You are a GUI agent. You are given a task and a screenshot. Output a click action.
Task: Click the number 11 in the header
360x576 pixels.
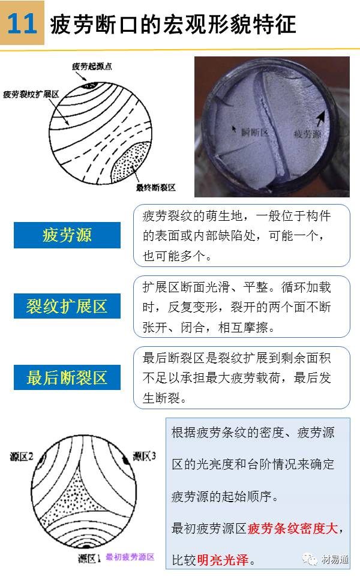[x=22, y=23]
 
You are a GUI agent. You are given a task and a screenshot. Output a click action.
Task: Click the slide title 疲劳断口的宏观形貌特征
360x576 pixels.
[x=173, y=25]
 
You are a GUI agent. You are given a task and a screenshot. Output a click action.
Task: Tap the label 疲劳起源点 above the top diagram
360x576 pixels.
[x=92, y=67]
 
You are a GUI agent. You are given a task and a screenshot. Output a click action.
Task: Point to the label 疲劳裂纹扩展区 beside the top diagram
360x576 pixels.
[x=31, y=94]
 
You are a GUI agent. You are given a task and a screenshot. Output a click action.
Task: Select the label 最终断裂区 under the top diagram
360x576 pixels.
[x=156, y=188]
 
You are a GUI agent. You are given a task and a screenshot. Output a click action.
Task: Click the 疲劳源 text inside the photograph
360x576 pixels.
[x=307, y=134]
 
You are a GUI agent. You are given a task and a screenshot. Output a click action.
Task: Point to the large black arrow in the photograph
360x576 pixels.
[x=320, y=119]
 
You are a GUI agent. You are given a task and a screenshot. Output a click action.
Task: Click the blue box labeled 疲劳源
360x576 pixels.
[x=67, y=235]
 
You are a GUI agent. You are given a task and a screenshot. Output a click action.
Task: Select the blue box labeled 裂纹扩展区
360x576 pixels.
[x=67, y=306]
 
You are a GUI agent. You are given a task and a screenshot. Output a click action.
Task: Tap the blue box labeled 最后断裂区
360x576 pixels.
[x=67, y=377]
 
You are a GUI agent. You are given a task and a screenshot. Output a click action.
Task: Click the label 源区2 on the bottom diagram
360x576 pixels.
[x=22, y=457]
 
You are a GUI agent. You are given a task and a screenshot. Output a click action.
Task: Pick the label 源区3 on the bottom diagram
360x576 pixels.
[x=145, y=456]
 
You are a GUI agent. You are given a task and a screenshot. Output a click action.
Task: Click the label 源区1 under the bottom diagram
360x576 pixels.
[x=89, y=559]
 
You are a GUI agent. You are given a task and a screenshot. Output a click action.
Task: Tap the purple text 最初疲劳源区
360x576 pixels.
[x=130, y=557]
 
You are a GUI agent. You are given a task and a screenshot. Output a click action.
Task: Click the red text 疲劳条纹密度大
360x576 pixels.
[x=292, y=528]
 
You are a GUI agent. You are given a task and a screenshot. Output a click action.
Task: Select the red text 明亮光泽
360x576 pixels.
[x=223, y=560]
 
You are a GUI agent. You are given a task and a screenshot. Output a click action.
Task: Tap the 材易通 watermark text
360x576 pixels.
[x=335, y=559]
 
